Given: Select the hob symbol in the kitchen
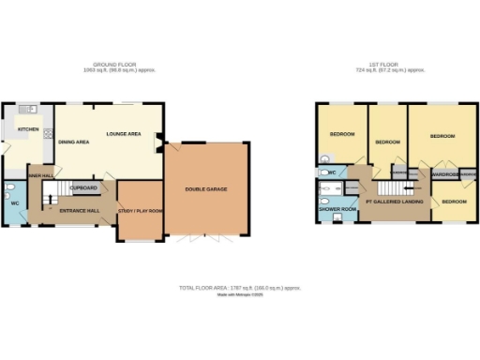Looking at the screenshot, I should click(x=47, y=134).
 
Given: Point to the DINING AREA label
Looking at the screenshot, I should click(x=74, y=142).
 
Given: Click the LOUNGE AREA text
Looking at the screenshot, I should click(x=123, y=134).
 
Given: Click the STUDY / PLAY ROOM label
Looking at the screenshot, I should click(x=139, y=211).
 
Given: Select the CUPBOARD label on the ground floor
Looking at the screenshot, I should click(x=83, y=187).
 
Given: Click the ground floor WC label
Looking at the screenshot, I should click(x=13, y=202).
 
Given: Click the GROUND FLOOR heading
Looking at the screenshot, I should click(x=118, y=66).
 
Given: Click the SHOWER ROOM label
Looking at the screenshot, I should click(x=336, y=209).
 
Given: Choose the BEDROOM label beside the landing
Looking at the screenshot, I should click(x=455, y=202).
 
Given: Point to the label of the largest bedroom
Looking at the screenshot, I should click(x=442, y=137).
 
